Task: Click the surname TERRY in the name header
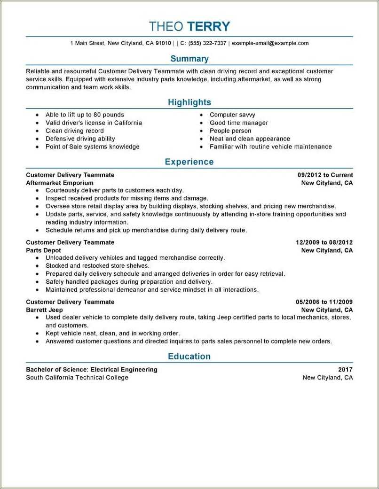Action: (208, 26)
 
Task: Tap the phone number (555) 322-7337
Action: (207, 43)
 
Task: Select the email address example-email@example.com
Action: (270, 43)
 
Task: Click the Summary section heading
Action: (189, 59)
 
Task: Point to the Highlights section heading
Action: (189, 102)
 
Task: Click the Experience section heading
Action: (189, 162)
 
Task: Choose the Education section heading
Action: (189, 357)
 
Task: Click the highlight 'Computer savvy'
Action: (232, 115)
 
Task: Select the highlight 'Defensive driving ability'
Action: (80, 139)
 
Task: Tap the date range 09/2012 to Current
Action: (325, 175)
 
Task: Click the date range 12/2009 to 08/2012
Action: (324, 242)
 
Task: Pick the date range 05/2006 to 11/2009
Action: (324, 302)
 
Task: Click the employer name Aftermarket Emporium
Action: (60, 183)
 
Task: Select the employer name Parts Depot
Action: (43, 250)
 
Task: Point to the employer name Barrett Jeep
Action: (44, 310)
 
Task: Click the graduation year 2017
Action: (345, 370)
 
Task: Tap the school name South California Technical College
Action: (77, 378)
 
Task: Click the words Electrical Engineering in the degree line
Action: (124, 370)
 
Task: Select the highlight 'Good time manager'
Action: (239, 123)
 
